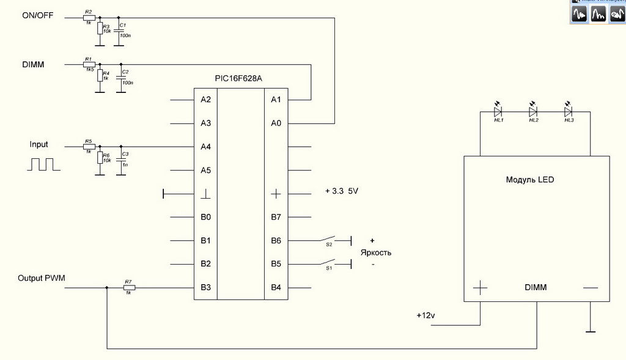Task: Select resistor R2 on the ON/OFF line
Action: point(89,17)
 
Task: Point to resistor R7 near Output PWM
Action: point(128,287)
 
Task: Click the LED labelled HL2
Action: point(533,112)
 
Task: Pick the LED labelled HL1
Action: point(498,112)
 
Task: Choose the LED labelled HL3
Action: point(569,112)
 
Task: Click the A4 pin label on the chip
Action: point(205,147)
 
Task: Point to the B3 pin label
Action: point(205,287)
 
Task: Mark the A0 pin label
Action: point(276,123)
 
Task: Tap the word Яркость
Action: point(375,252)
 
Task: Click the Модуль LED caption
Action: point(530,180)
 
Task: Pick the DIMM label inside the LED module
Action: point(536,287)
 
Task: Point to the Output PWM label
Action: point(42,278)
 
